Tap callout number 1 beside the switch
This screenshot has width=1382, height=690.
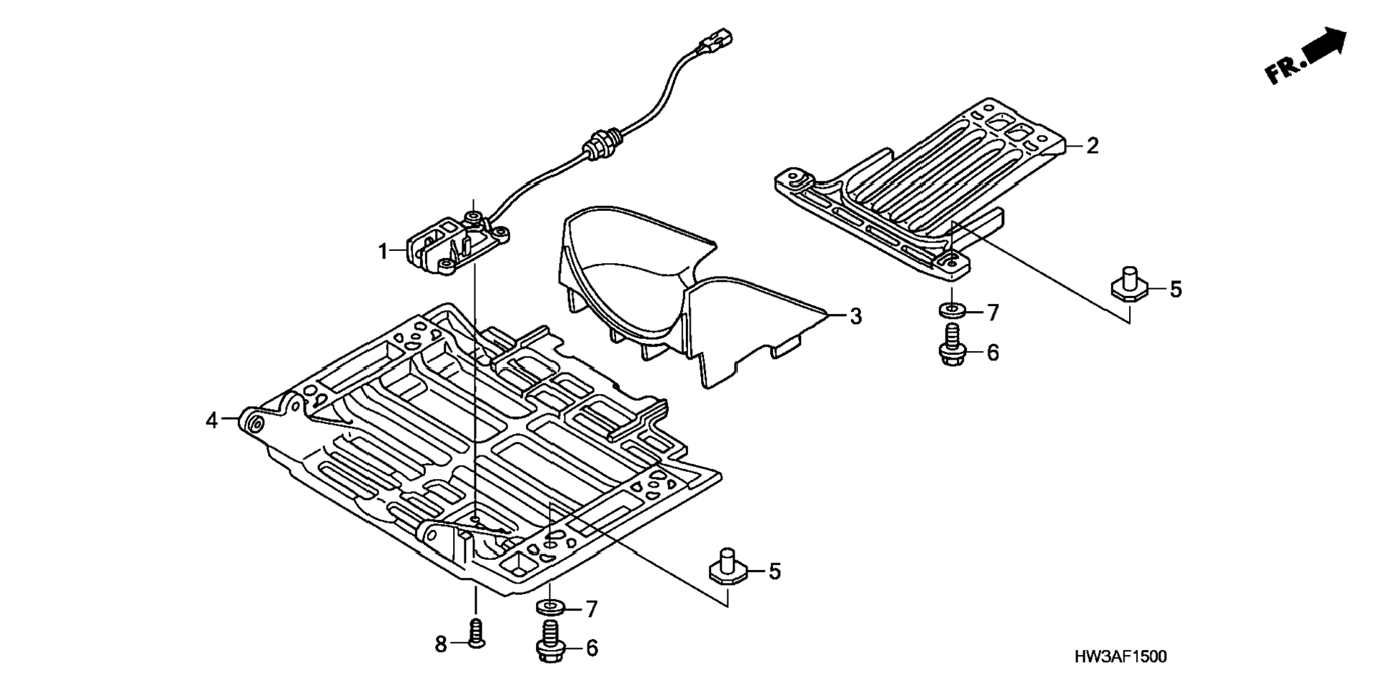coord(383,251)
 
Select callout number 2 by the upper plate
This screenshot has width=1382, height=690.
coord(1092,146)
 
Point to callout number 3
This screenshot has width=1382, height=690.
coord(855,316)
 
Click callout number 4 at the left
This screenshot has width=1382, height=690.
coord(212,420)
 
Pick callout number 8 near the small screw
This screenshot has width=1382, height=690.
coord(441,644)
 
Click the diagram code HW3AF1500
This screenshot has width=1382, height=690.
coord(1120,657)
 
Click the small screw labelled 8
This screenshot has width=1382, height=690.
coord(476,634)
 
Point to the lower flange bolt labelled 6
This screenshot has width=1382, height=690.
coord(551,641)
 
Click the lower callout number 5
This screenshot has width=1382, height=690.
coord(775,571)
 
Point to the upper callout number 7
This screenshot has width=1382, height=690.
coord(993,312)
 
